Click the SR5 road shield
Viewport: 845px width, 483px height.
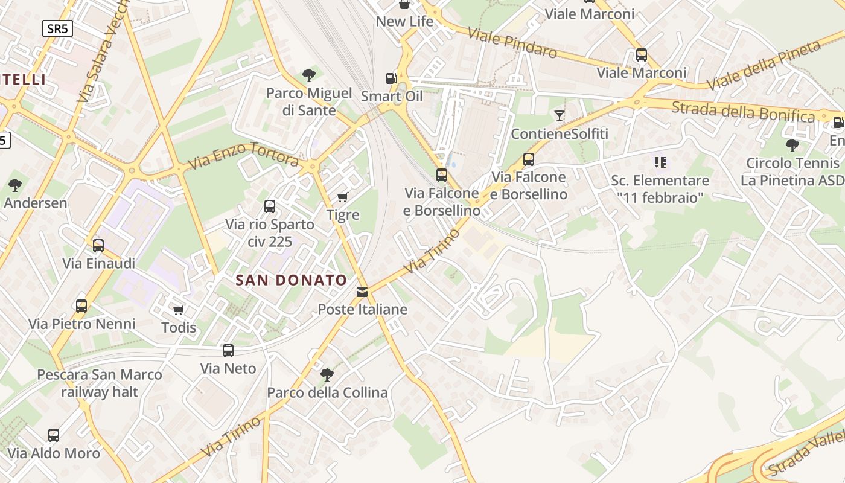tap(57, 28)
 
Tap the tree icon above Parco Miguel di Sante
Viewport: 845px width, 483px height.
tap(309, 75)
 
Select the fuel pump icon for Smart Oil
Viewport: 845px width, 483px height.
tap(392, 78)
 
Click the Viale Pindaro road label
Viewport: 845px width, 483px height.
tap(512, 43)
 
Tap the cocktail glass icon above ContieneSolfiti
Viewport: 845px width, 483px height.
tap(560, 115)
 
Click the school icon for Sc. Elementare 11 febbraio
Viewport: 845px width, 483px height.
tap(660, 162)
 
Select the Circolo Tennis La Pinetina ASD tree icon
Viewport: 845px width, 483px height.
tap(792, 145)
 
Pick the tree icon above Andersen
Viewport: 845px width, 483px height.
tap(15, 185)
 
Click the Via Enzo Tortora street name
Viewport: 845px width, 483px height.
tap(243, 156)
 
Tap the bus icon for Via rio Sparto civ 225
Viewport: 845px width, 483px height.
tap(270, 206)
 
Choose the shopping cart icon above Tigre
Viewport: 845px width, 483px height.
tap(342, 197)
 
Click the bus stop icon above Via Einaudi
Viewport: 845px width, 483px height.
tap(98, 246)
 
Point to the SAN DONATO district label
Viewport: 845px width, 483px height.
tap(292, 280)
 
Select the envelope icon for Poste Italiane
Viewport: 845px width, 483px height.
tap(362, 292)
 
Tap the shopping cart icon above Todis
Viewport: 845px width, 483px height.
tap(178, 310)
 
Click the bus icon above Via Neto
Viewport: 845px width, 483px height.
tap(228, 351)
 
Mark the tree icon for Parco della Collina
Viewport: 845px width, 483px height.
tap(327, 375)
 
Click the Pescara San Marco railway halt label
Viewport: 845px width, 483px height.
tap(100, 383)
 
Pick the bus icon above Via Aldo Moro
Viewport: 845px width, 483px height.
tap(54, 435)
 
